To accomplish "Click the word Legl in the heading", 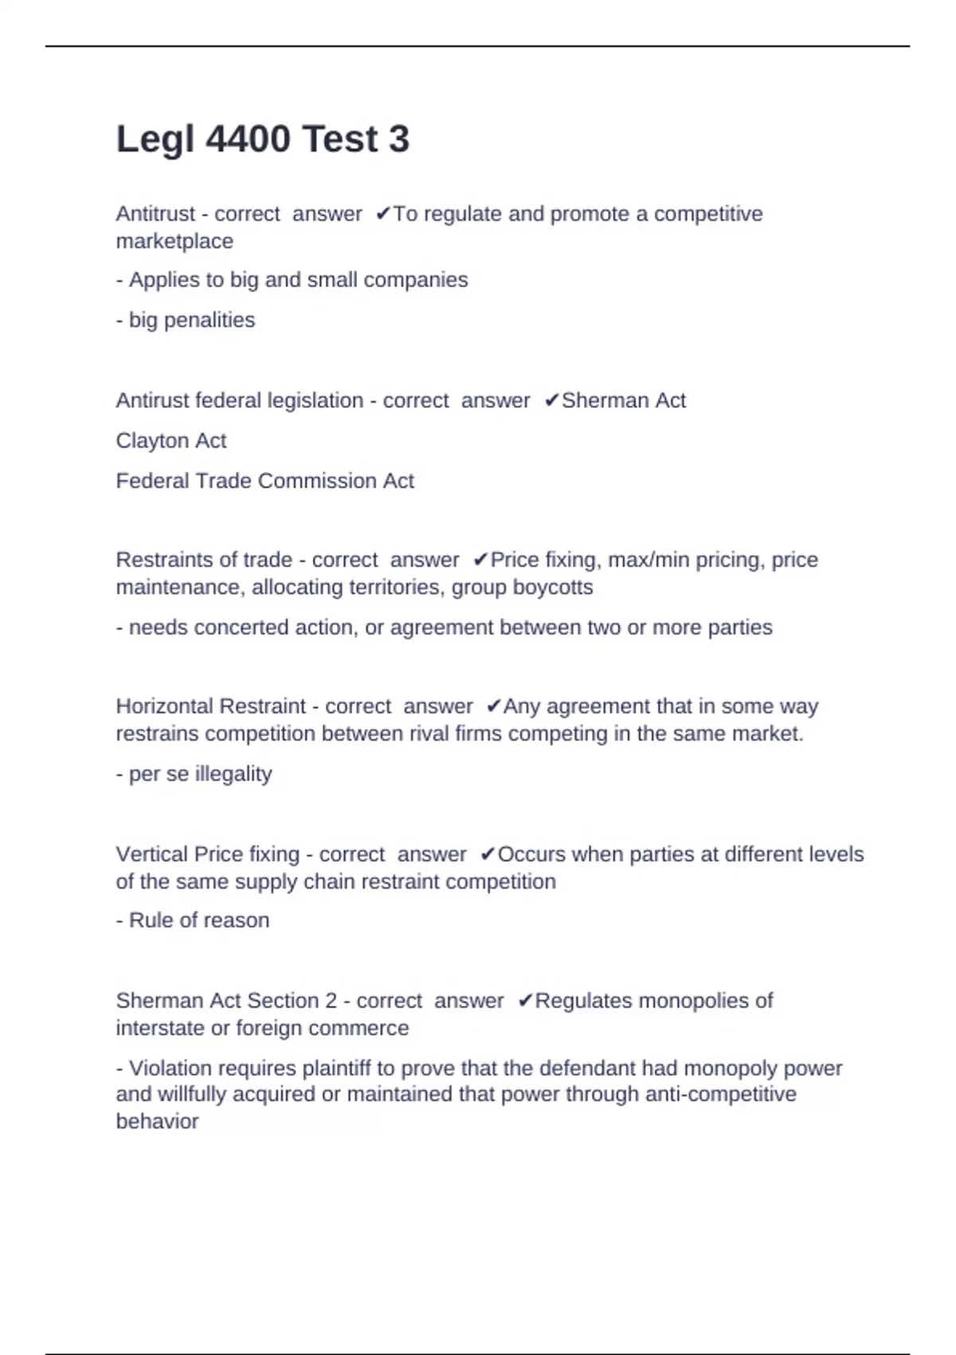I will point(155,139).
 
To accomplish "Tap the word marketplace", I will point(174,242).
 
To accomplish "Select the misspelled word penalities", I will point(209,320).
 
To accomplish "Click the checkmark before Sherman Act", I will point(551,401).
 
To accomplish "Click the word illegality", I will point(233,774).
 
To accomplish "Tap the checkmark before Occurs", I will point(488,855).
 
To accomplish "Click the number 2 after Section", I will point(331,1001).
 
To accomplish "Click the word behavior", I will point(157,1121).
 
